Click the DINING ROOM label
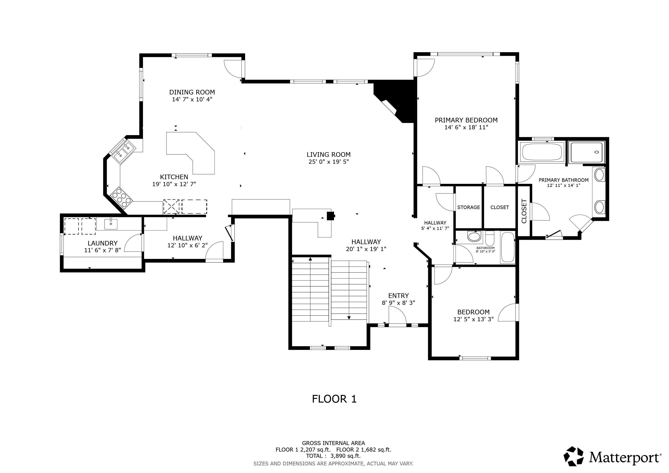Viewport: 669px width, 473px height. pyautogui.click(x=192, y=92)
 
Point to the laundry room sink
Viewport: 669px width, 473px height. pyautogui.click(x=111, y=224)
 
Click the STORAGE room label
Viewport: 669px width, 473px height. pyautogui.click(x=468, y=207)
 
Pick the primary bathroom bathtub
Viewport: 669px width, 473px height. pyautogui.click(x=542, y=152)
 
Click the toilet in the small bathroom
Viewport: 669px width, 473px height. pyautogui.click(x=490, y=237)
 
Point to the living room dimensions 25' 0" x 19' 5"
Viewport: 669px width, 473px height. pyautogui.click(x=329, y=162)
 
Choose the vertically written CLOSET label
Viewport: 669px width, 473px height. pyautogui.click(x=524, y=211)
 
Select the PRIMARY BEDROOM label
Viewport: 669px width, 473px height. pyautogui.click(x=466, y=120)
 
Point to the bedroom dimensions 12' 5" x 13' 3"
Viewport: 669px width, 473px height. pyautogui.click(x=474, y=319)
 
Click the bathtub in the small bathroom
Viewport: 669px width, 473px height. pyautogui.click(x=508, y=248)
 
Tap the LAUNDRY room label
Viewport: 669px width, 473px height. pyautogui.click(x=103, y=243)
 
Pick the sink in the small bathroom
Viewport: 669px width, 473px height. pyautogui.click(x=474, y=236)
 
